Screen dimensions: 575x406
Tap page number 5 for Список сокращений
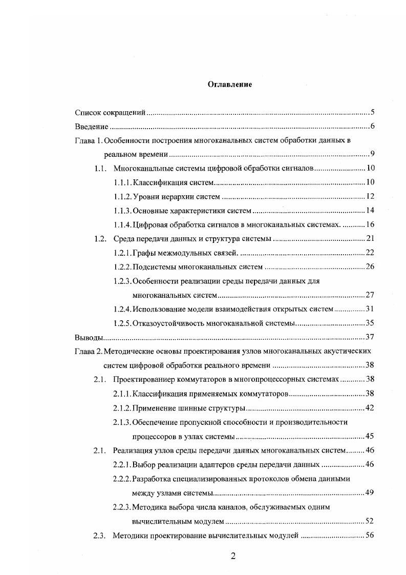373,112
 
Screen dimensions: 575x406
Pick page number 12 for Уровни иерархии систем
371,196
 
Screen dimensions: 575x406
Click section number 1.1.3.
122,211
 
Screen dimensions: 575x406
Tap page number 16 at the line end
371,224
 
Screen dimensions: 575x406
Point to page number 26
371,266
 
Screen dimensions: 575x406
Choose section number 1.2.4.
122,309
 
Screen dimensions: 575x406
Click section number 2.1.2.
122,408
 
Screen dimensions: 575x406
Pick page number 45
371,436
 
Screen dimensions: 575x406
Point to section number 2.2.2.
122,479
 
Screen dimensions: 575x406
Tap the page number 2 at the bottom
232,557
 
